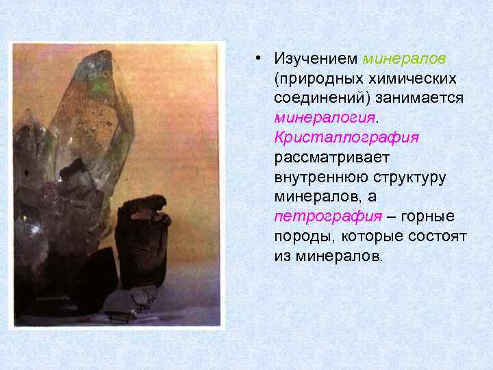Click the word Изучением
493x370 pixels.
[316, 59]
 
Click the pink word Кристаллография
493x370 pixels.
[346, 138]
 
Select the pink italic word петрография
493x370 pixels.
[327, 217]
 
